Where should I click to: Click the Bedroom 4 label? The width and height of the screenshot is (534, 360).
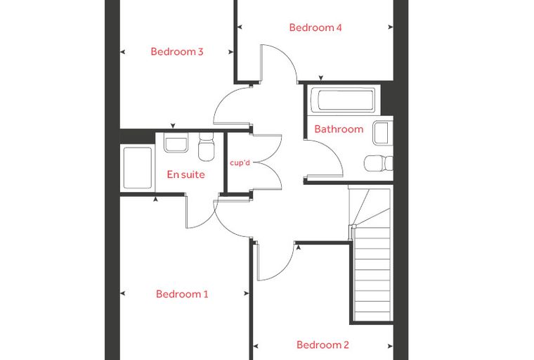pyautogui.click(x=315, y=27)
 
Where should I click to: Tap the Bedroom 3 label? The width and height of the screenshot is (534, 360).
pyautogui.click(x=177, y=52)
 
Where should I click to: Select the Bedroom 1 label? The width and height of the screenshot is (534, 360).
pyautogui.click(x=182, y=294)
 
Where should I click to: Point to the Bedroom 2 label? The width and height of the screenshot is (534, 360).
pyautogui.click(x=323, y=345)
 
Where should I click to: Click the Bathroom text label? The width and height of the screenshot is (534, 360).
pyautogui.click(x=339, y=129)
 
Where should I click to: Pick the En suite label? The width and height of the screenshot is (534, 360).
pyautogui.click(x=186, y=174)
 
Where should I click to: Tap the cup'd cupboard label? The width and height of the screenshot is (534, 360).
pyautogui.click(x=240, y=163)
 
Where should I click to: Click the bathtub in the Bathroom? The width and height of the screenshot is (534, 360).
pyautogui.click(x=344, y=100)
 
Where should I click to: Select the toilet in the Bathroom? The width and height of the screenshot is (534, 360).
pyautogui.click(x=378, y=163)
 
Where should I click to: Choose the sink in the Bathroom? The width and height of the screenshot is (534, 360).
pyautogui.click(x=383, y=133)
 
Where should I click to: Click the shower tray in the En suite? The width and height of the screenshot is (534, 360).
pyautogui.click(x=137, y=168)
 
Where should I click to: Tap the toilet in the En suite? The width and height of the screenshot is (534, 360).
pyautogui.click(x=206, y=147)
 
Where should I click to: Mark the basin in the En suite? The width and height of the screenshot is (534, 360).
pyautogui.click(x=176, y=143)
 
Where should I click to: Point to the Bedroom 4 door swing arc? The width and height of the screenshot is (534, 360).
pyautogui.click(x=287, y=56)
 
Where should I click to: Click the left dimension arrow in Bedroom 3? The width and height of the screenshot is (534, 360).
pyautogui.click(x=122, y=52)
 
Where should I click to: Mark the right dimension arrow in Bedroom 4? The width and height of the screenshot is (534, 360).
pyautogui.click(x=391, y=27)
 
